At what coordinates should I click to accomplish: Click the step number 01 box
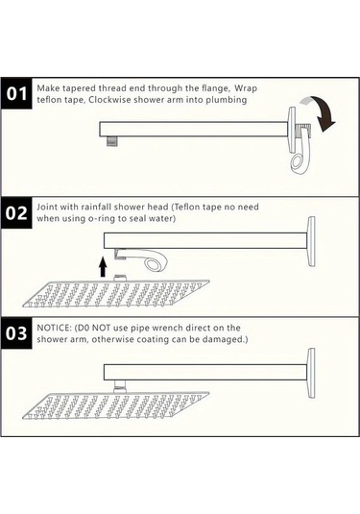coord(18,94)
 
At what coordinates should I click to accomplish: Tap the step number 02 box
coord(18,213)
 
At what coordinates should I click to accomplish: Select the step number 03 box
coord(18,334)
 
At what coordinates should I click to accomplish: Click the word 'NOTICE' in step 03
coord(54,328)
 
